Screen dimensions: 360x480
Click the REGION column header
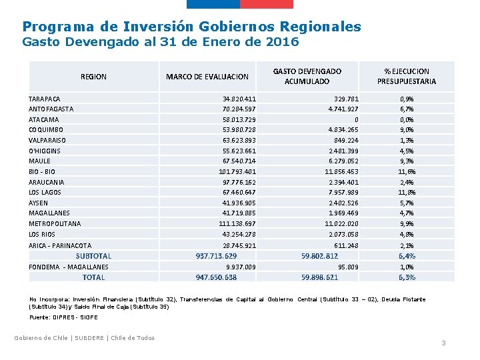[x=93, y=77]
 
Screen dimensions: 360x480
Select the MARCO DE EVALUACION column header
[x=207, y=77]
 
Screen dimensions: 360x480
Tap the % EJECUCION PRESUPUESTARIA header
[x=407, y=76]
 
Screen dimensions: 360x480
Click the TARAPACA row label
[x=44, y=99]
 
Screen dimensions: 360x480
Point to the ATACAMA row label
[x=43, y=119]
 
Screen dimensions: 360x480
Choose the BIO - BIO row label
[x=42, y=171]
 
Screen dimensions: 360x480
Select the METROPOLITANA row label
[x=55, y=224]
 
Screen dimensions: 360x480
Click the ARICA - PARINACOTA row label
[x=60, y=245]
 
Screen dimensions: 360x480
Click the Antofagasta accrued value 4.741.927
[x=343, y=109]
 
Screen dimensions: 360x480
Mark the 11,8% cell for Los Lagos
[x=407, y=193]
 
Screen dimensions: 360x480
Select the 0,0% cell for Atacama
[x=407, y=119]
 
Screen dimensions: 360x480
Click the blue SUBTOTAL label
[x=93, y=256]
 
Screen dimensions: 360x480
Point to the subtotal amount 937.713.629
[x=216, y=256]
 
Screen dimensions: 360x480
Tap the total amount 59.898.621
[x=320, y=277]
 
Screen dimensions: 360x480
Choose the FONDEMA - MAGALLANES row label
[x=68, y=267]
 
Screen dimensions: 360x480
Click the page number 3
[x=443, y=343]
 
